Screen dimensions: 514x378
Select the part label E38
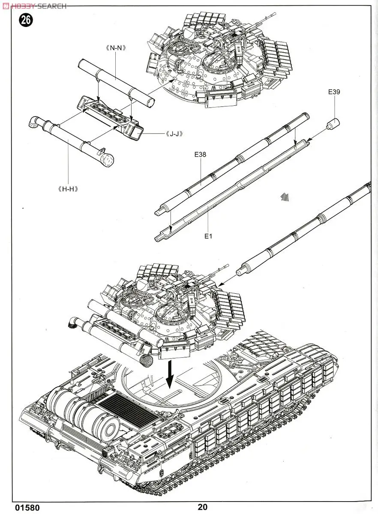pos(200,155)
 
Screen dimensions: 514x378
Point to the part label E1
pos(209,236)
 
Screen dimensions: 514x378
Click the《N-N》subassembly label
pos(117,48)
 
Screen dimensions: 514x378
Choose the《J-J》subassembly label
pos(174,134)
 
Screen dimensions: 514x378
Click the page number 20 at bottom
pos(203,507)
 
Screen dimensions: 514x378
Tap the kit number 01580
pos(27,508)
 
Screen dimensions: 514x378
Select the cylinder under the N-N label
pos(116,81)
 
